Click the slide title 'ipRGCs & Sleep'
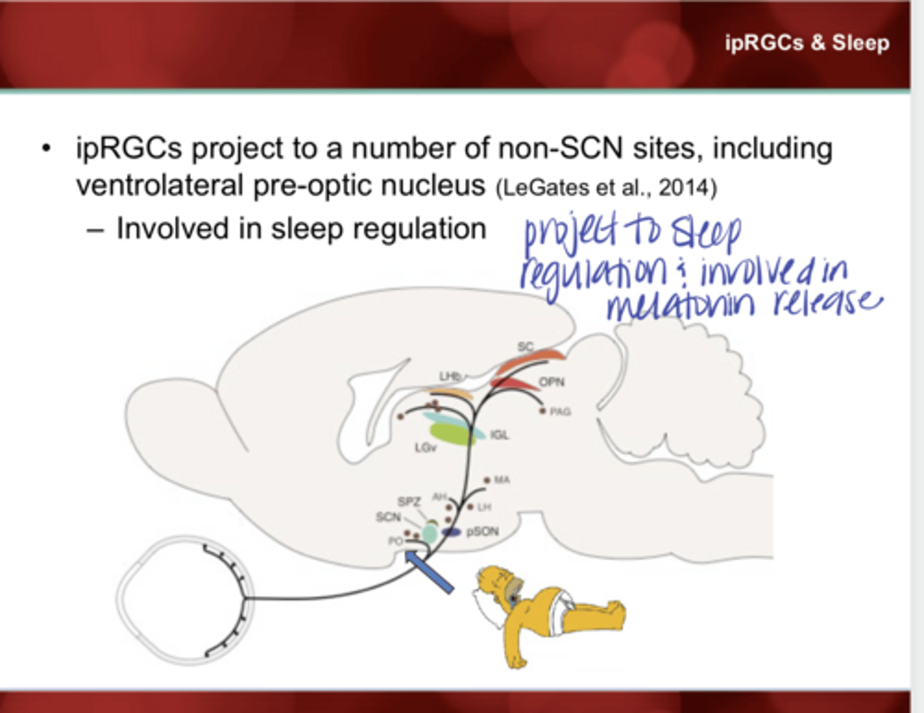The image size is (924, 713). pyautogui.click(x=807, y=43)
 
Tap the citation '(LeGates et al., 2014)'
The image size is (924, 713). pyautogui.click(x=606, y=188)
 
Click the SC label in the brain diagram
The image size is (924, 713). pyautogui.click(x=525, y=347)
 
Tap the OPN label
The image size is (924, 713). pyautogui.click(x=551, y=382)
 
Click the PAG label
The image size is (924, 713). pyautogui.click(x=560, y=411)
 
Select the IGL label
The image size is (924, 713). pyautogui.click(x=499, y=435)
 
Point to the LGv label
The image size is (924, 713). pyautogui.click(x=425, y=447)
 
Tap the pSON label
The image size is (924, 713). pyautogui.click(x=482, y=531)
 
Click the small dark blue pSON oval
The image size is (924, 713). pyautogui.click(x=452, y=532)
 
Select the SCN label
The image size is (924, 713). pyautogui.click(x=388, y=517)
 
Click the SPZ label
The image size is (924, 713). pyautogui.click(x=409, y=501)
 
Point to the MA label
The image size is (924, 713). pyautogui.click(x=502, y=480)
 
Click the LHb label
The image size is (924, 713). pyautogui.click(x=450, y=376)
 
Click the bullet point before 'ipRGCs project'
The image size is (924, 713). pyautogui.click(x=46, y=149)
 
